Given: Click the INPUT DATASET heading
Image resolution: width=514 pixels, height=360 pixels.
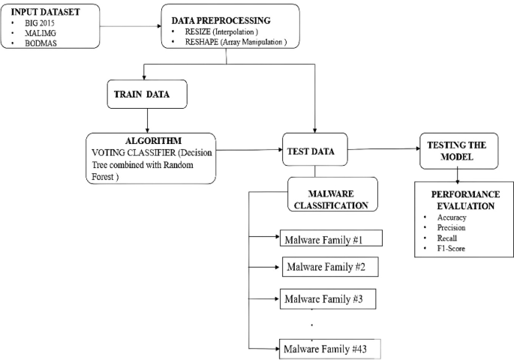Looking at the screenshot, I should click(47, 11).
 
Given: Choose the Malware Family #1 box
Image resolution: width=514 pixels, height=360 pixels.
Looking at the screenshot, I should click(331, 240).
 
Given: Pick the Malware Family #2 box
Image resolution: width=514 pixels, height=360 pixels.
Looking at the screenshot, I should click(327, 267).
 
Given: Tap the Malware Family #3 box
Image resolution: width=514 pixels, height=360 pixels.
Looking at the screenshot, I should click(327, 299).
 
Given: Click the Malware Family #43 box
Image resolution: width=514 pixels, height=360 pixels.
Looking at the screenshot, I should click(329, 349).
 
